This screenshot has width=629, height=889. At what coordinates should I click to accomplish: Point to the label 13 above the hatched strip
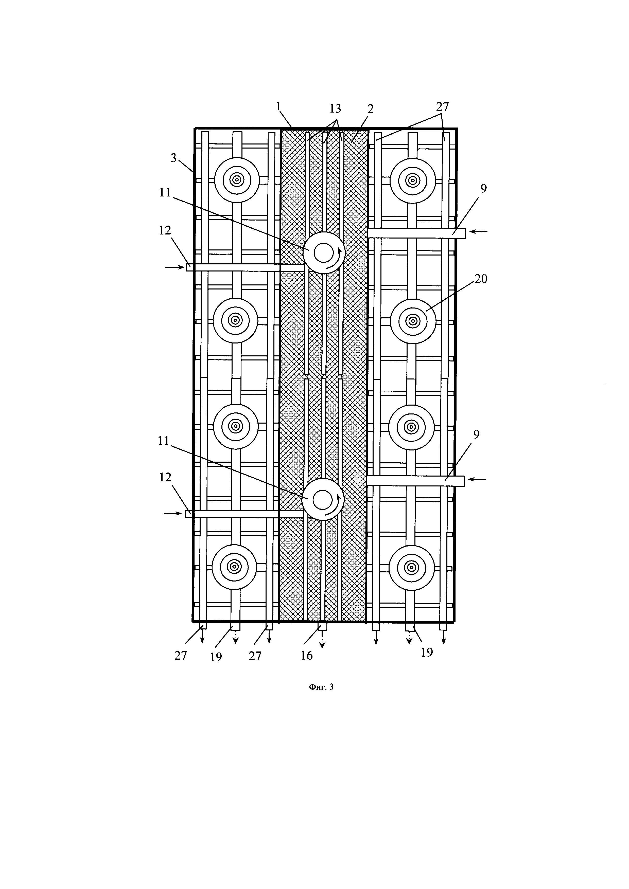(x=335, y=108)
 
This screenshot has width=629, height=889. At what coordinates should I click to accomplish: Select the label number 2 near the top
(x=370, y=109)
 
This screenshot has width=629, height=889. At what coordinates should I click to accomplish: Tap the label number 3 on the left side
(x=173, y=158)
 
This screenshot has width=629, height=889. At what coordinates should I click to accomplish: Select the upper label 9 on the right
(x=484, y=189)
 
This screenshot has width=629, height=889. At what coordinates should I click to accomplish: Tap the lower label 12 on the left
(x=165, y=477)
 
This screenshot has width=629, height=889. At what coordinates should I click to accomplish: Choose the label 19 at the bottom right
(x=426, y=652)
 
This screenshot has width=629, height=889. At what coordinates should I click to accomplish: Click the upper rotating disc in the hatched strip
(x=324, y=253)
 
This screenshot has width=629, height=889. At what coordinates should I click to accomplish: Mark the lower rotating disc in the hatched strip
(x=323, y=499)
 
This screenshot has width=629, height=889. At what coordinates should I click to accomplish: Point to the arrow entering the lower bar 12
(x=173, y=513)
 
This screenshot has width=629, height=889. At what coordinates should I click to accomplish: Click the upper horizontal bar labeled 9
(x=416, y=233)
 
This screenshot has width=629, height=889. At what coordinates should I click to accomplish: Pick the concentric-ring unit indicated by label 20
(x=413, y=321)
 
